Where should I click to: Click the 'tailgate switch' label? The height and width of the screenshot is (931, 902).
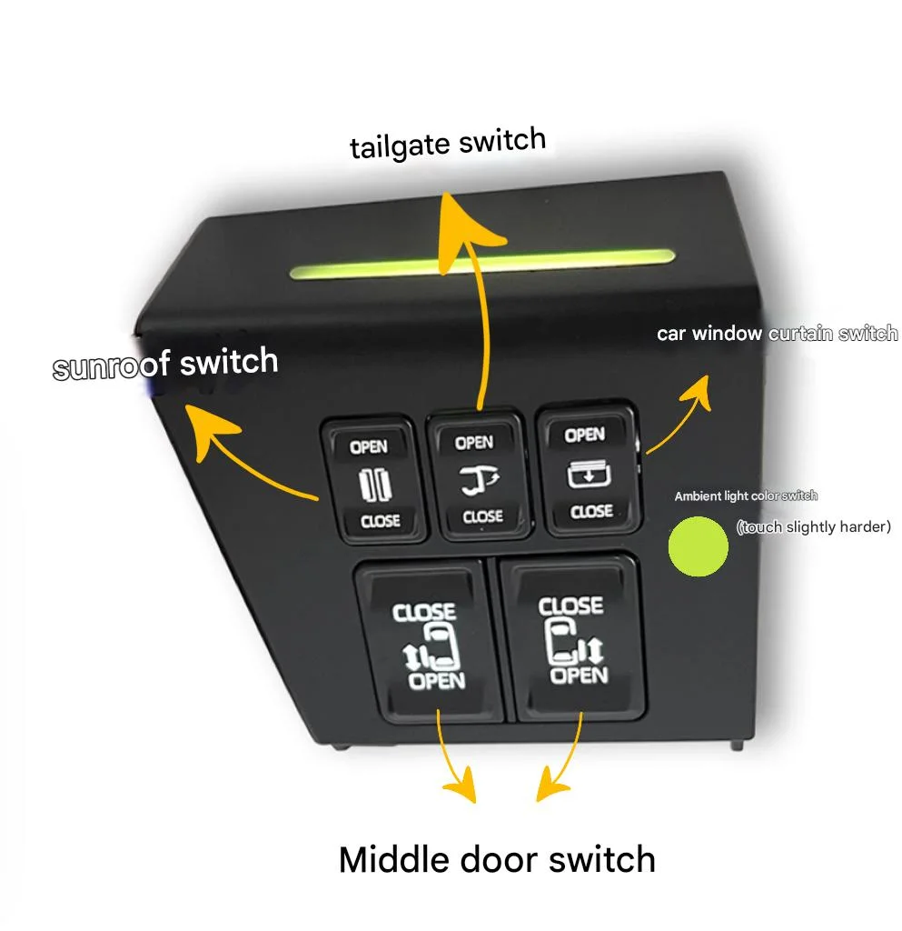(448, 143)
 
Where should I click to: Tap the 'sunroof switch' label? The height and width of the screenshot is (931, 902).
(165, 364)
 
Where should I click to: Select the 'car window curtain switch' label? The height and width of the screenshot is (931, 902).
(777, 334)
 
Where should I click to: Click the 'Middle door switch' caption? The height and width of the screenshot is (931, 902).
(497, 859)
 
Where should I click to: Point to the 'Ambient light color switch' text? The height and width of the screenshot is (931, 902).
(746, 496)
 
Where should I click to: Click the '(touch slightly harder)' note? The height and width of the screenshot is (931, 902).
(814, 526)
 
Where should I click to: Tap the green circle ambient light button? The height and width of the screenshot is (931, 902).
(698, 546)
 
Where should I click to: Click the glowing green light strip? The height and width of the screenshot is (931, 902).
(482, 265)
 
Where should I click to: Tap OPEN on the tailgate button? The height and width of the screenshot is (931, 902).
(474, 443)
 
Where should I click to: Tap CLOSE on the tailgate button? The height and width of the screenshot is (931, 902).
(482, 516)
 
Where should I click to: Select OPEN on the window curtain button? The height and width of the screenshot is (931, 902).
(584, 435)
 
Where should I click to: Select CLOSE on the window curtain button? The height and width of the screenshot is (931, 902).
(591, 511)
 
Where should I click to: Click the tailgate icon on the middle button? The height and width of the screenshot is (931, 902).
(480, 481)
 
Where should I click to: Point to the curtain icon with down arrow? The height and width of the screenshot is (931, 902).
(589, 475)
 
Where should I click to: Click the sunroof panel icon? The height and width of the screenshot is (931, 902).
(375, 485)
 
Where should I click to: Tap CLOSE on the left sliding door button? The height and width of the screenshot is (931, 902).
(423, 612)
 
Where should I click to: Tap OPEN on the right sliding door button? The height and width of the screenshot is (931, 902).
(579, 676)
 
